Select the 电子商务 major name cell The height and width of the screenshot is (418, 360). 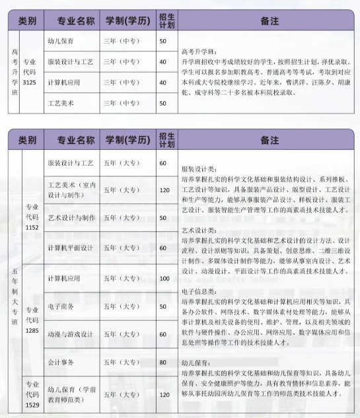coord(61,306)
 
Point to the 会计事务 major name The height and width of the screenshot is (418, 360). coord(61,363)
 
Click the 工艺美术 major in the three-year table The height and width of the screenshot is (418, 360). coord(61,104)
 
